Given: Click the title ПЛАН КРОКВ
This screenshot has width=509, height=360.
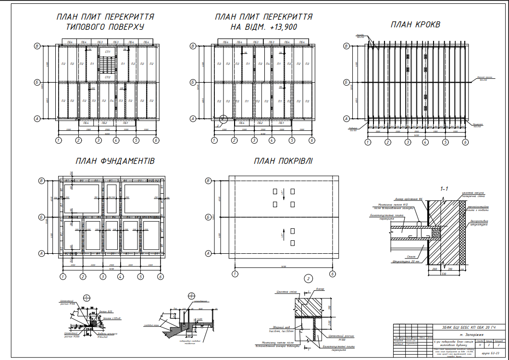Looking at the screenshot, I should pyautogui.click(x=415, y=25).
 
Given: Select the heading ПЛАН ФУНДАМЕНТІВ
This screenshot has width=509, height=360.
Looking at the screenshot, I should pyautogui.click(x=115, y=161).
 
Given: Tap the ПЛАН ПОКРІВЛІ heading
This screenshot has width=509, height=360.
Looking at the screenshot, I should pyautogui.click(x=283, y=161).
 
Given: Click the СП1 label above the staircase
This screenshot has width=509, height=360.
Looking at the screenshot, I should pyautogui.click(x=107, y=51).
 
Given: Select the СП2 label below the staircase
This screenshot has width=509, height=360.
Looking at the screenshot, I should pyautogui.click(x=107, y=77).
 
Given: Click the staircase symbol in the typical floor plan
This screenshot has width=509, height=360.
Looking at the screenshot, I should pyautogui.click(x=107, y=64).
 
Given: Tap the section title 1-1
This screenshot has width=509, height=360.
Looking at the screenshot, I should pyautogui.click(x=444, y=189).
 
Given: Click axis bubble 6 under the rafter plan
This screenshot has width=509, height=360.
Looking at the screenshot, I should pyautogui.click(x=465, y=142).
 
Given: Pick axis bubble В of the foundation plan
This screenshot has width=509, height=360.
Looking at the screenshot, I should pyautogui.click(x=41, y=181).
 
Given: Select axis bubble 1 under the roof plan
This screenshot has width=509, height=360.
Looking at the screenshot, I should pyautogui.click(x=235, y=273).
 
